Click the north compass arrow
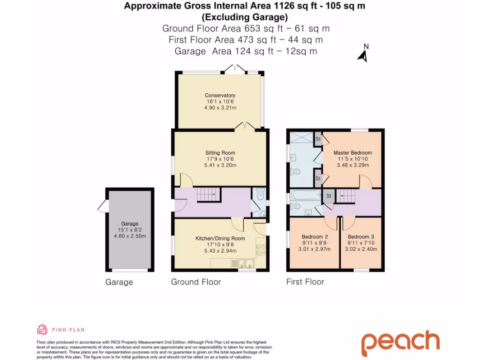tap(362, 56)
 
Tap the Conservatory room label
tap(220, 96)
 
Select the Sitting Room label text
tap(220, 153)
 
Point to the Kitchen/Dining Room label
tap(220, 239)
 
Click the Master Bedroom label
tap(352, 153)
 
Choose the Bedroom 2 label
tap(314, 237)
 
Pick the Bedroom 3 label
tap(361, 237)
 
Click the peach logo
tap(400, 343)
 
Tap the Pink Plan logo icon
tap(42, 330)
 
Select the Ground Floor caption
tap(195, 282)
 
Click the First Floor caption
tap(305, 282)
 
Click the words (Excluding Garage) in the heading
tap(244, 18)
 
